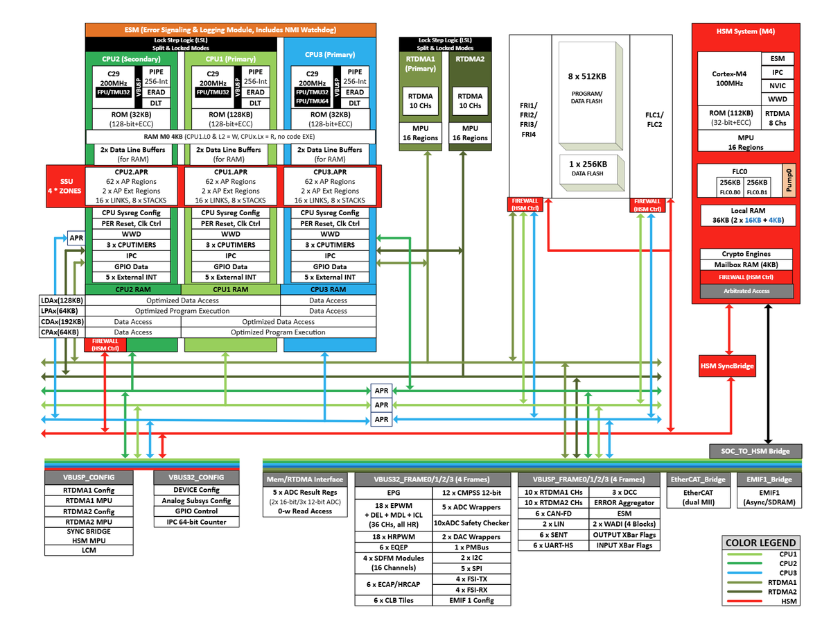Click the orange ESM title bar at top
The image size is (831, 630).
coord(231,30)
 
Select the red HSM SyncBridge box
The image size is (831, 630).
coord(727,366)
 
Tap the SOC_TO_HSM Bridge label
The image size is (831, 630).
coord(759,451)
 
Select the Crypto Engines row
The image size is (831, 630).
coord(746,254)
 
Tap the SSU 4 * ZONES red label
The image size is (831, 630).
coord(64,186)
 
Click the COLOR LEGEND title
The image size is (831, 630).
coord(760,543)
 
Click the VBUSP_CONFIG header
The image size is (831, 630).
coord(89,477)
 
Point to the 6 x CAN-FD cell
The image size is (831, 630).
coord(553,513)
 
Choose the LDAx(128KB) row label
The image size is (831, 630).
coord(62,300)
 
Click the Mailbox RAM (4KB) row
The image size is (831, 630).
coord(746,265)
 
